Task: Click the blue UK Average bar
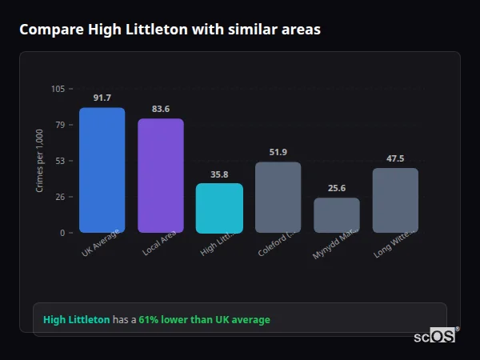(x=102, y=170)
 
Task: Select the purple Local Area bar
(x=160, y=176)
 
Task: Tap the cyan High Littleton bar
(x=219, y=208)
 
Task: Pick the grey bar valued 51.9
(x=278, y=198)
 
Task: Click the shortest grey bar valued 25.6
(x=336, y=215)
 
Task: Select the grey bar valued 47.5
(x=395, y=200)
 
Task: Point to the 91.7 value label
(x=102, y=98)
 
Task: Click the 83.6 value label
(x=160, y=109)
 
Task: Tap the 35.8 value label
(x=219, y=174)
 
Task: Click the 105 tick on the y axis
(x=58, y=89)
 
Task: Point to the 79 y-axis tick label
(x=60, y=125)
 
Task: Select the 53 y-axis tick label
(x=60, y=161)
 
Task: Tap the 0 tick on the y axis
(x=62, y=233)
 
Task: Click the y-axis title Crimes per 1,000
(x=40, y=160)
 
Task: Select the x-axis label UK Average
(x=101, y=243)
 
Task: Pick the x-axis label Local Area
(x=160, y=243)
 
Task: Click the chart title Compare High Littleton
(x=170, y=30)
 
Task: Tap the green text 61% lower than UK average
(x=204, y=320)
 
